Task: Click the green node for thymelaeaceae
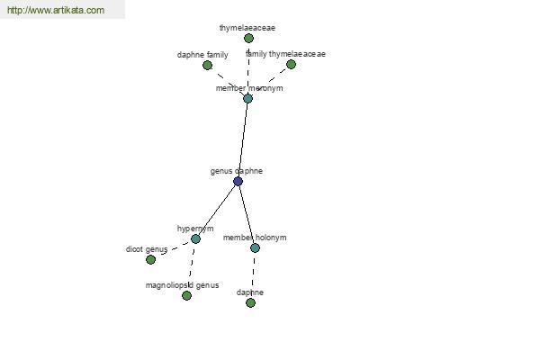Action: tap(248, 38)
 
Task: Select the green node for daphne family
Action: tap(207, 65)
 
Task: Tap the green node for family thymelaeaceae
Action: tap(291, 65)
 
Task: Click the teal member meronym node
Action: tap(248, 98)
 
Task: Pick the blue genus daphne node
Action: tap(238, 181)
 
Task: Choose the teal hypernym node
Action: tap(195, 238)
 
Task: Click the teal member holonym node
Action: tap(255, 247)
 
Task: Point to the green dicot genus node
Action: tap(150, 260)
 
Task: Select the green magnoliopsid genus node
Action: tap(186, 295)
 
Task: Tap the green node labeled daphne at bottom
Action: tap(251, 302)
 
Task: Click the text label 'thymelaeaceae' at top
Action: tap(247, 28)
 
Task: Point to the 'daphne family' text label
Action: tap(202, 55)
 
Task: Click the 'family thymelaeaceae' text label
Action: tap(285, 54)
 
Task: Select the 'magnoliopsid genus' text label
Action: tap(182, 285)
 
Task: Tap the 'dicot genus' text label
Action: tap(147, 249)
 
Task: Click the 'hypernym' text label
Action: tap(195, 229)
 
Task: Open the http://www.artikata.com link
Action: tap(56, 10)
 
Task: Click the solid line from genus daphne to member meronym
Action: tap(243, 139)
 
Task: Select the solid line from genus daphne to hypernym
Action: tap(217, 210)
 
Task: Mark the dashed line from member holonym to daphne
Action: tap(253, 275)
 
